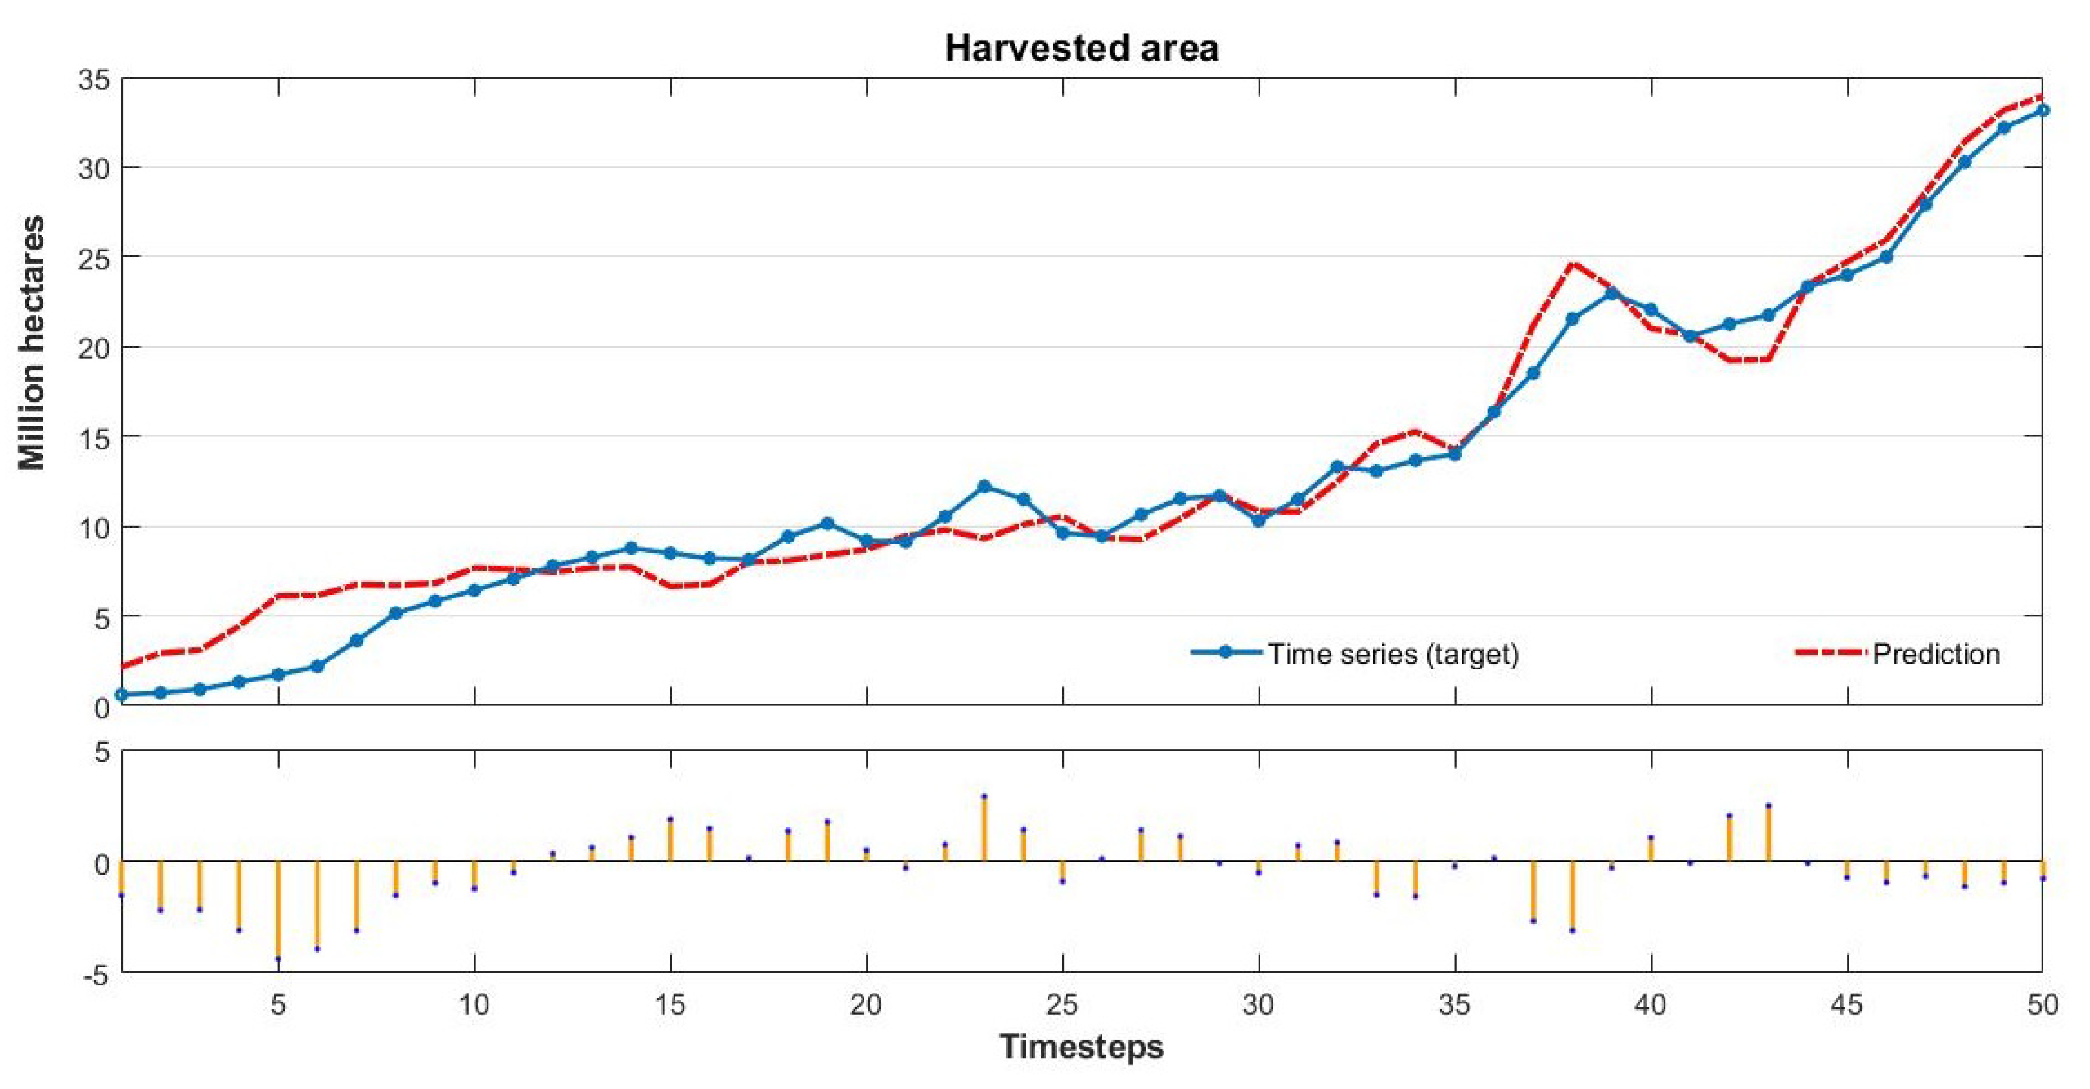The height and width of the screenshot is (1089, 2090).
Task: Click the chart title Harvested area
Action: point(1082,49)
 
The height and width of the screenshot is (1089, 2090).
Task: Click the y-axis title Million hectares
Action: point(33,343)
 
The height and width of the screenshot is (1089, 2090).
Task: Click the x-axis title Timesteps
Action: point(1082,1047)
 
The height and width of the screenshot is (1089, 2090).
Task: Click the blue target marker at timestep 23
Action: point(984,486)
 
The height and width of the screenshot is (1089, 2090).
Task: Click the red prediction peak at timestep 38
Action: point(1573,264)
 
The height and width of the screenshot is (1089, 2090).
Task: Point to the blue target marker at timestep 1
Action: point(121,695)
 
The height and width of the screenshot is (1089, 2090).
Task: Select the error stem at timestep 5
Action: point(278,909)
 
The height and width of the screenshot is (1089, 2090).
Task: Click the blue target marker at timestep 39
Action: point(1612,294)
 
